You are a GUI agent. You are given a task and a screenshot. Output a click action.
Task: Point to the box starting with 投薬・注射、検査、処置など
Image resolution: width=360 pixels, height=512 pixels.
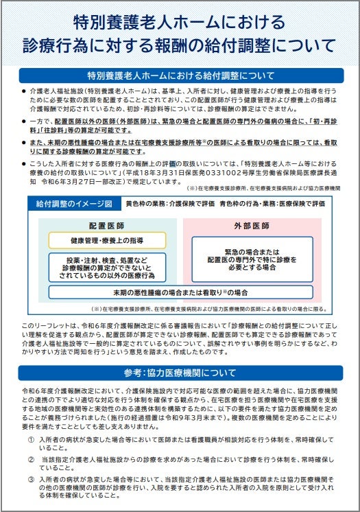click(x=101, y=268)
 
